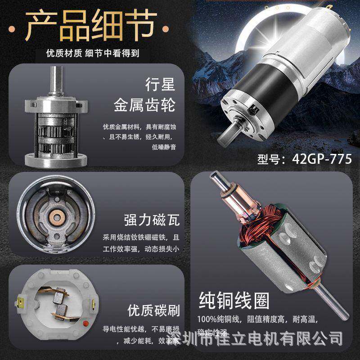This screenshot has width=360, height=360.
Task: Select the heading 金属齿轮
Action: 143,106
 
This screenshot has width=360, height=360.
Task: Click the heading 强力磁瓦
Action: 152,220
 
